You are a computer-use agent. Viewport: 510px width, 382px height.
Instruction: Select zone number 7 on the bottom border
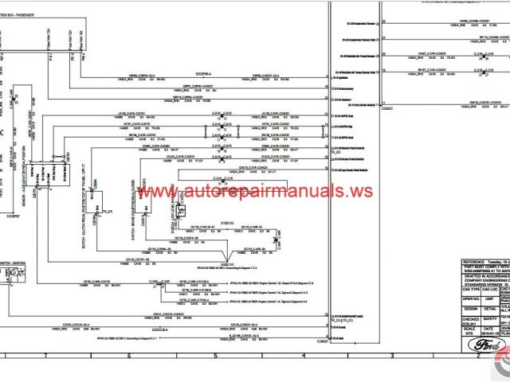[45, 356]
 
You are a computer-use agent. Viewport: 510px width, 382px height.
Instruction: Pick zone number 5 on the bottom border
[214, 356]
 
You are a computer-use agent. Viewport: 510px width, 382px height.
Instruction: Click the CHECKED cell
[470, 318]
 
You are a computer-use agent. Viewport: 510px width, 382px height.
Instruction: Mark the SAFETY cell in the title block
[491, 318]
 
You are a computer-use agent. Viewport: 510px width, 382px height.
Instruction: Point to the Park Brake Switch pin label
[351, 105]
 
